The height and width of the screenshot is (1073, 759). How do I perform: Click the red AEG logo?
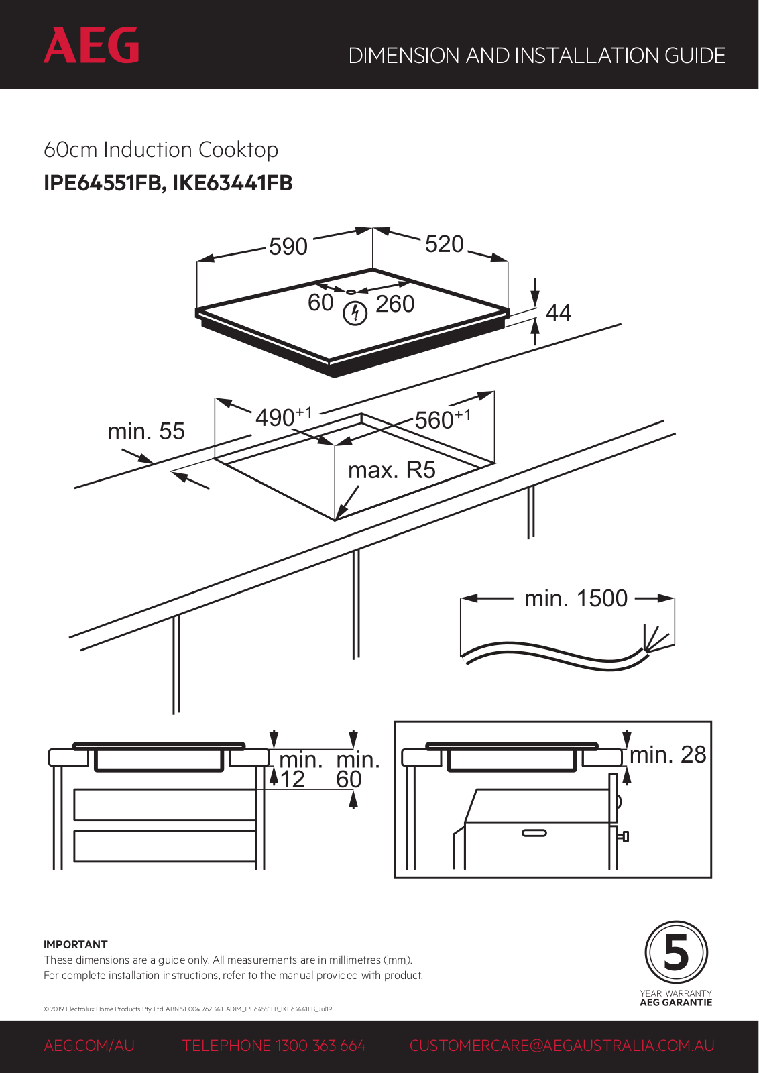click(x=91, y=46)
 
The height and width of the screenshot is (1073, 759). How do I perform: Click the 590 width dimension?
click(x=288, y=247)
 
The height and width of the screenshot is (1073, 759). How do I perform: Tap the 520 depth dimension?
click(x=445, y=244)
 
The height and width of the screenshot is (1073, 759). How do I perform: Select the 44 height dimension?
click(x=559, y=313)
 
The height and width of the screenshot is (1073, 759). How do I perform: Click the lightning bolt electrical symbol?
click(x=355, y=313)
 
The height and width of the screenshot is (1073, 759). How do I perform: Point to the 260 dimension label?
click(x=395, y=304)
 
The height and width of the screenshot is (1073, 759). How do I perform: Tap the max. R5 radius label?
click(x=392, y=470)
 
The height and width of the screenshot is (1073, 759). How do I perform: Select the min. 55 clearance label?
click(x=146, y=431)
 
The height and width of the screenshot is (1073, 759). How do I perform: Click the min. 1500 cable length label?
click(x=576, y=598)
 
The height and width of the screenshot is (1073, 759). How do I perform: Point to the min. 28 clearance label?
click(x=668, y=755)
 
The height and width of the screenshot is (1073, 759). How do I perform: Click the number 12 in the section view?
click(x=292, y=779)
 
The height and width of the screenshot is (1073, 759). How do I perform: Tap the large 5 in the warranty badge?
click(x=676, y=953)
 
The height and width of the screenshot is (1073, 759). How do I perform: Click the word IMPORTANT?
click(x=75, y=944)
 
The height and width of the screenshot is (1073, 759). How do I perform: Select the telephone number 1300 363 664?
click(x=320, y=1046)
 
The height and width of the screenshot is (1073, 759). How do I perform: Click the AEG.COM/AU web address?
click(x=89, y=1046)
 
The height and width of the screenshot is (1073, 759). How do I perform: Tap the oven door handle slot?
click(x=534, y=833)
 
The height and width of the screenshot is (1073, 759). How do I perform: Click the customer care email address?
click(x=562, y=1046)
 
